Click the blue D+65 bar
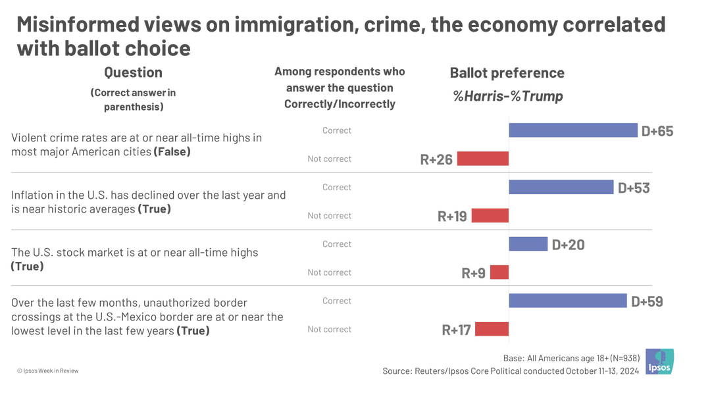point(573,130)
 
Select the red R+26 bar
point(483,159)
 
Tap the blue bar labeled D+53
point(561,187)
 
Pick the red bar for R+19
point(490,215)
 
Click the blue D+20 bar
point(528,244)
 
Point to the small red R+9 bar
point(499,272)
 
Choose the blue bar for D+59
point(567,301)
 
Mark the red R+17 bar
point(492,329)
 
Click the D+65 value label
point(657,131)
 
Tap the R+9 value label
point(473,273)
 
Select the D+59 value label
point(647,301)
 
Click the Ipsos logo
point(659,362)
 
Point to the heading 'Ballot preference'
point(507,73)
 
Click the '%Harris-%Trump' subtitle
point(507,96)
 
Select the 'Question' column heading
point(133,72)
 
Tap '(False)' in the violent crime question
point(172,151)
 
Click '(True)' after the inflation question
point(154,209)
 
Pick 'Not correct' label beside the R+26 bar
point(329,159)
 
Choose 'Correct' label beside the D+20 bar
point(337,244)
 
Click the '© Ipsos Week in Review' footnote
point(48,371)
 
